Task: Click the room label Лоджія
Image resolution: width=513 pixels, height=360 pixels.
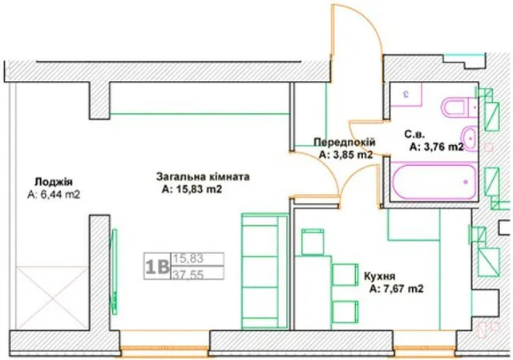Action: click(x=54, y=182)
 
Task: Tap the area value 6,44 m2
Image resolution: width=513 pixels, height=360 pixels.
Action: click(x=54, y=195)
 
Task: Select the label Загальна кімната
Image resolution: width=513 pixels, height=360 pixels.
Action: click(x=203, y=176)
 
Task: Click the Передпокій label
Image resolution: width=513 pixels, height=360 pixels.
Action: click(x=345, y=143)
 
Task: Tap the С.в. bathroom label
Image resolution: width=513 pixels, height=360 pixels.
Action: click(x=414, y=135)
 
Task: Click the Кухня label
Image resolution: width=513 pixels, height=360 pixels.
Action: click(x=379, y=276)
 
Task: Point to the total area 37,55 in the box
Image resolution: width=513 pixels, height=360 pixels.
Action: click(x=188, y=274)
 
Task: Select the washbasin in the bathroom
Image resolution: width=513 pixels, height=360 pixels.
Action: click(x=470, y=139)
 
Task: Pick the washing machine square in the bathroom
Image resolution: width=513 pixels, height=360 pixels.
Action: click(x=406, y=95)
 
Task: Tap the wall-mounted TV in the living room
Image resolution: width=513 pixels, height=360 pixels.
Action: click(x=114, y=272)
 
